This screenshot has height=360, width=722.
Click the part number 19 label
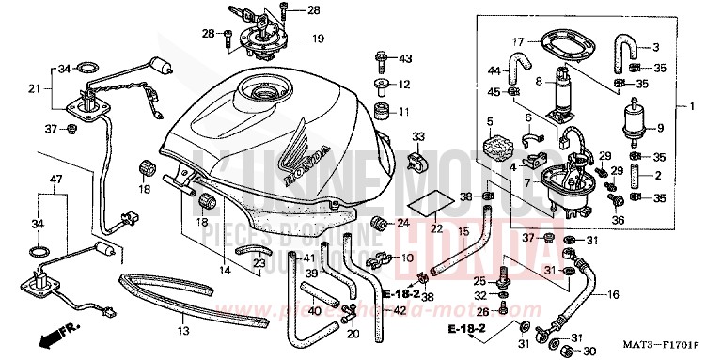tap(319, 39)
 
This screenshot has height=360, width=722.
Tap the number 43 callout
tap(405, 59)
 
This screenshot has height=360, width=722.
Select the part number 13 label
tap(183, 331)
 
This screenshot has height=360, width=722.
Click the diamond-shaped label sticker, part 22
tap(431, 203)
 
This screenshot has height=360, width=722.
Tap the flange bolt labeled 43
tap(382, 61)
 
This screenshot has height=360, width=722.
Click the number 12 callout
tap(405, 85)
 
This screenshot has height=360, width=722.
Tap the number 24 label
tap(402, 224)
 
